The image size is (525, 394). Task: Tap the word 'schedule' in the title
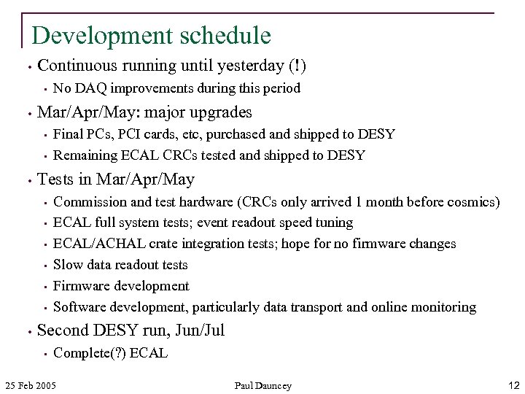(x=222, y=36)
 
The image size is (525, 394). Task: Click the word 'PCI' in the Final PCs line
(x=133, y=134)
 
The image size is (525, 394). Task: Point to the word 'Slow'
(x=69, y=265)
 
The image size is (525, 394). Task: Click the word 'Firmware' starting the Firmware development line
(x=82, y=286)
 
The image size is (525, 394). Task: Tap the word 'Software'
(x=82, y=307)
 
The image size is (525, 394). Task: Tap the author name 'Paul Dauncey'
(x=262, y=385)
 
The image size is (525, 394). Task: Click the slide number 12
(x=513, y=385)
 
